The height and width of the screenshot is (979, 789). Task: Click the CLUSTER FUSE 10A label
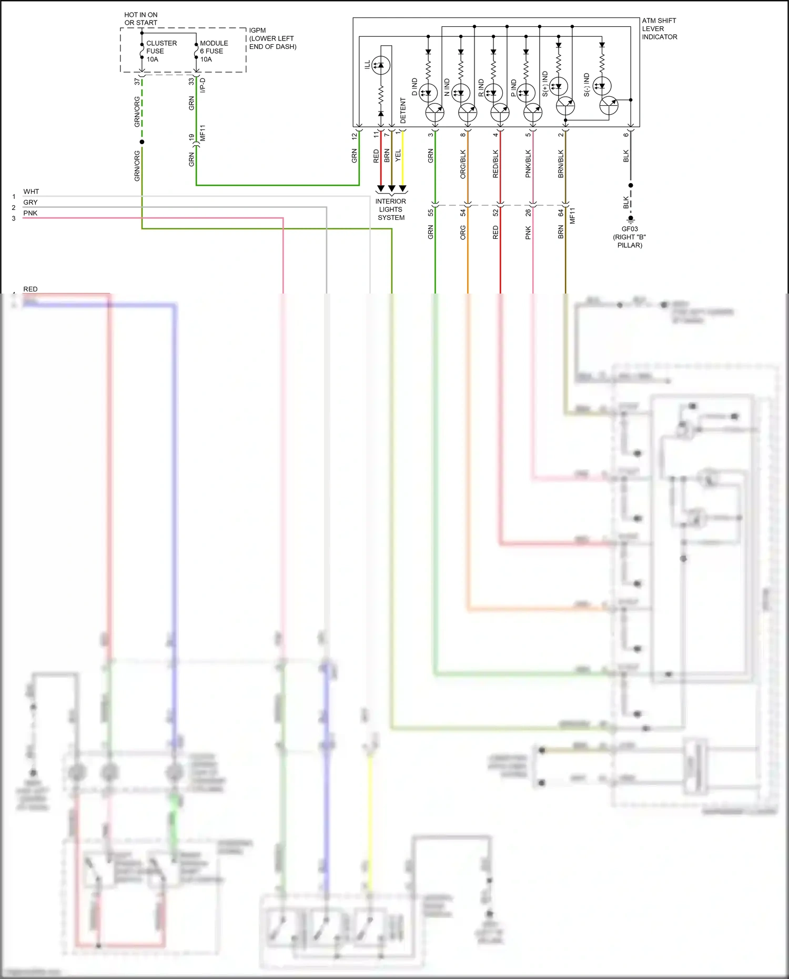coord(161,51)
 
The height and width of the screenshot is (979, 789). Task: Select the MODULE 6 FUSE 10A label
coord(214,51)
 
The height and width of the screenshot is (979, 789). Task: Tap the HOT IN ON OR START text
coord(140,19)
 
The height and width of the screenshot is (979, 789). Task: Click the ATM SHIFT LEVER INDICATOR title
coord(659,29)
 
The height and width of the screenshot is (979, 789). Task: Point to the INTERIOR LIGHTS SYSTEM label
coord(390,209)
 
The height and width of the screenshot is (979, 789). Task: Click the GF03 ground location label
coord(630,237)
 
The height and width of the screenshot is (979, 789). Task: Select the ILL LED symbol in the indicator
coord(381,65)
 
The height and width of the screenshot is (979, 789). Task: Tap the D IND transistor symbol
coord(434,112)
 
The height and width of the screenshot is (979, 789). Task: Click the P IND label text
coord(514,87)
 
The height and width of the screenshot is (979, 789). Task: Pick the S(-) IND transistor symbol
coord(609,106)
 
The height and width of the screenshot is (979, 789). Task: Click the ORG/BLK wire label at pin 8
coord(463,164)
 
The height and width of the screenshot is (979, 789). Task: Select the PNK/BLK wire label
coord(528,164)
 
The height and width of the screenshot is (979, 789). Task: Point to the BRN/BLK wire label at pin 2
coord(561,164)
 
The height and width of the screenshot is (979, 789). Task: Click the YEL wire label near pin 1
coord(398,156)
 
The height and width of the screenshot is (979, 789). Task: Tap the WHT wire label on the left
coord(31,191)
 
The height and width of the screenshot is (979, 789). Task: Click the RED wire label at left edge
coord(31,289)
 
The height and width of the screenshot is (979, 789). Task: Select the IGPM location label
coord(272,38)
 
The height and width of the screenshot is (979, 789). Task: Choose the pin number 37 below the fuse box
coord(137,82)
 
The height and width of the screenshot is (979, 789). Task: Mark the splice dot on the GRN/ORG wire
coord(142,142)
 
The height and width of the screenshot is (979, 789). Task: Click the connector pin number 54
coord(463,213)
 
